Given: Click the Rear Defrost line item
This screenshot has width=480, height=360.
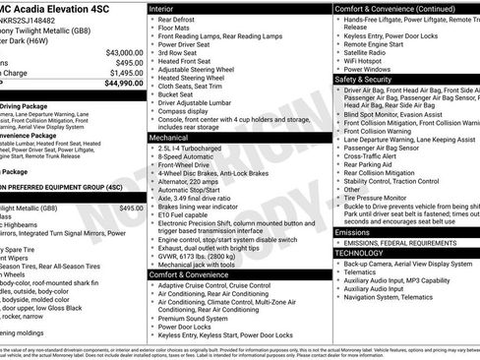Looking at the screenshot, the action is coord(176,19).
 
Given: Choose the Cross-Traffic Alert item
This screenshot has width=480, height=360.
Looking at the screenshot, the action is coord(374,154).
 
